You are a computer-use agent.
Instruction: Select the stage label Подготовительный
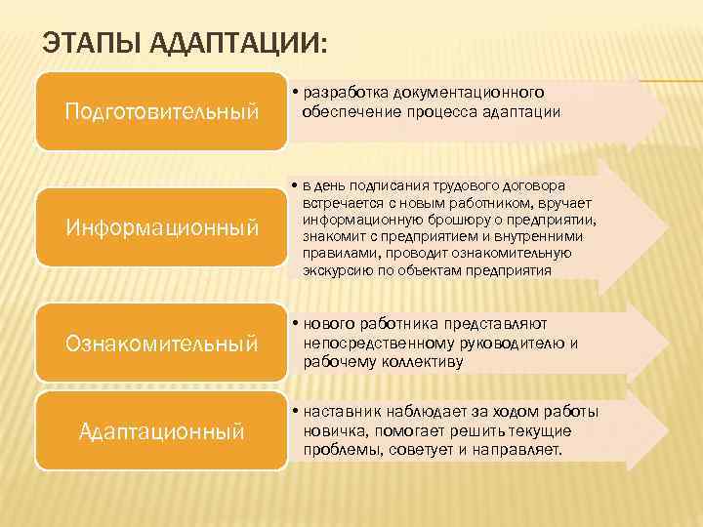pyautogui.click(x=161, y=111)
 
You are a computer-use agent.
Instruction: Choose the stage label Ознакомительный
pyautogui.click(x=161, y=344)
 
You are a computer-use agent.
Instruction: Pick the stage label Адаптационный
pyautogui.click(x=161, y=430)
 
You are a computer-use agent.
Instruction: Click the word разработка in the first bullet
pyautogui.click(x=347, y=93)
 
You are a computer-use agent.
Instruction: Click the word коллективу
pyautogui.click(x=425, y=361)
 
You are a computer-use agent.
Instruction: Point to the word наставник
pyautogui.click(x=343, y=412)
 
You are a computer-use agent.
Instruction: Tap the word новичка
pyautogui.click(x=334, y=430)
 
